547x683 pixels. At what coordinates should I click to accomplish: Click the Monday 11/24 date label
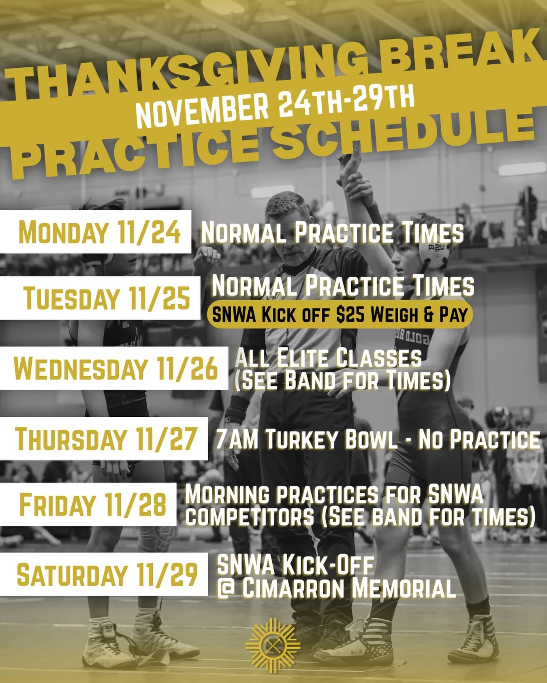click(99, 232)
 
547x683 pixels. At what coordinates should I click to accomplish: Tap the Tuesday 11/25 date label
click(107, 298)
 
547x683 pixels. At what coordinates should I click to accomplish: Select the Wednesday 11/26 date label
click(115, 368)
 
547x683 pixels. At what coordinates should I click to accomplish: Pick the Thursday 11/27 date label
click(106, 439)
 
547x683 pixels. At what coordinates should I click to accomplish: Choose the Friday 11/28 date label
click(92, 505)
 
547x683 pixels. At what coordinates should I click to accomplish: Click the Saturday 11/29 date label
click(107, 575)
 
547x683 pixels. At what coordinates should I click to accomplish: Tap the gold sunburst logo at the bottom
click(273, 646)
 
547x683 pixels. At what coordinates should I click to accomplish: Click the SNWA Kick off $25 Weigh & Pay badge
click(340, 314)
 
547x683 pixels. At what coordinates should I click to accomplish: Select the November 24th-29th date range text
click(275, 106)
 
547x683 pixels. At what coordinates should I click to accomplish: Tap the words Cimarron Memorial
click(348, 588)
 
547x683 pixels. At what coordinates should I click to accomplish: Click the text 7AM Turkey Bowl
click(306, 439)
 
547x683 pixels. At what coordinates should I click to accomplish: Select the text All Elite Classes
click(328, 358)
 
